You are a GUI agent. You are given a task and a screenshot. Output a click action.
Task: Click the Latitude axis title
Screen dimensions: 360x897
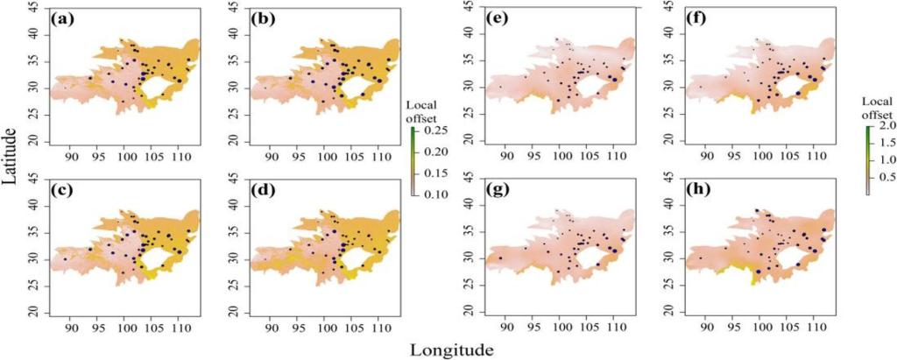click(x=11, y=154)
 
